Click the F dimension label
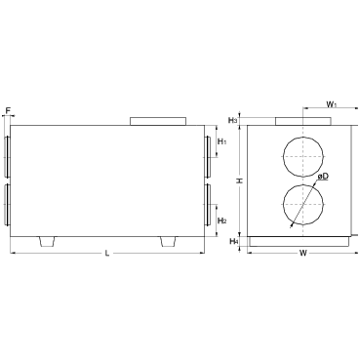tap(9, 110)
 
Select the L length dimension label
tap(107, 253)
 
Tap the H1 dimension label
tap(222, 141)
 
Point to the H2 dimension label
tap(222, 221)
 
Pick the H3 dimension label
tap(232, 121)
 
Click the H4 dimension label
tap(234, 241)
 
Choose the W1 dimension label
tap(332, 104)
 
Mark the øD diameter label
tap(323, 177)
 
